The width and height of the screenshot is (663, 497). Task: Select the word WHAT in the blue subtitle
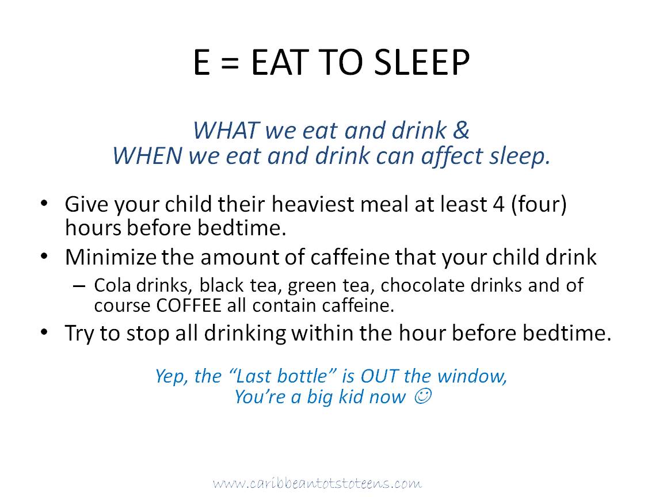click(226, 130)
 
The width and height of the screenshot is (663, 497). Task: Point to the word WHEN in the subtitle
click(147, 155)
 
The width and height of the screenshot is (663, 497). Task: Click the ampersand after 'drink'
click(461, 130)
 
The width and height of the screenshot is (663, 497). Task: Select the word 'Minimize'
click(110, 257)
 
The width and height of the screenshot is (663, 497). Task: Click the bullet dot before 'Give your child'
click(44, 203)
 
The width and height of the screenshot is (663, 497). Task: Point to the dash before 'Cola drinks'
click(79, 286)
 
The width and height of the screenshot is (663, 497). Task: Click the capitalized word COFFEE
click(189, 305)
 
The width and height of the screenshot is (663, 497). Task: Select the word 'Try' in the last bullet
click(79, 334)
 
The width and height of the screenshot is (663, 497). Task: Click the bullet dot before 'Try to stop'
click(44, 332)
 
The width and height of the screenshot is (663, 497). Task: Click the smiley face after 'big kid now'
click(422, 396)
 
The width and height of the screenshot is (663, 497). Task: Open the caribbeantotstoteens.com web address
click(317, 483)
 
